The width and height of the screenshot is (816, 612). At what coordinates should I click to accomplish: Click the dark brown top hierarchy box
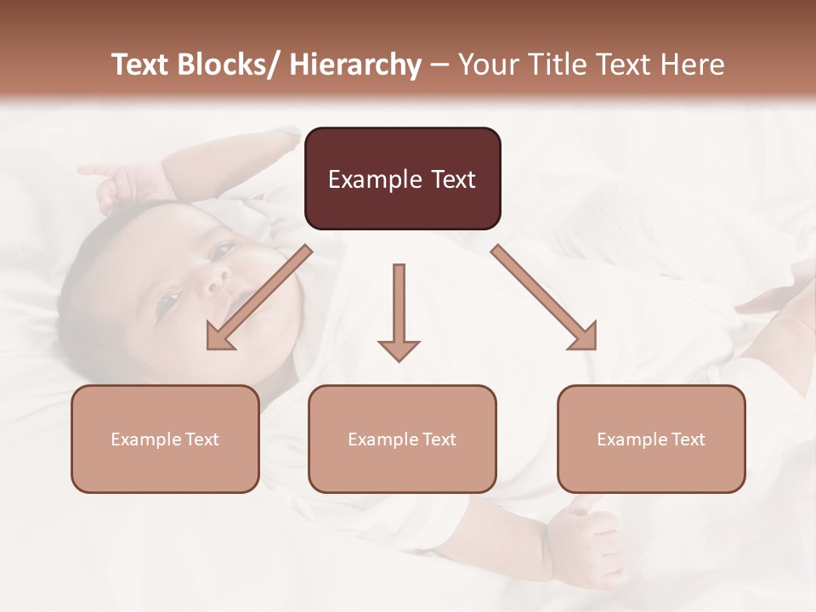[x=402, y=178]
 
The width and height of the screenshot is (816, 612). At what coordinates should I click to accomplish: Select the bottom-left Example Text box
[x=165, y=439]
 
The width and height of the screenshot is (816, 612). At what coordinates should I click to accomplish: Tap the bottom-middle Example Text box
[x=402, y=439]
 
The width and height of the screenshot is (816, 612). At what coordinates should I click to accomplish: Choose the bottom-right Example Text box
[x=651, y=439]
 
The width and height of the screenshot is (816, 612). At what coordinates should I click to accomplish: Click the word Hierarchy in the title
[x=355, y=65]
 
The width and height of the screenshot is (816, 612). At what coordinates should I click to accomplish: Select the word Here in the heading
[x=692, y=65]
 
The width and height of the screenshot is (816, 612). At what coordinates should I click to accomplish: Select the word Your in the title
[x=488, y=65]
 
